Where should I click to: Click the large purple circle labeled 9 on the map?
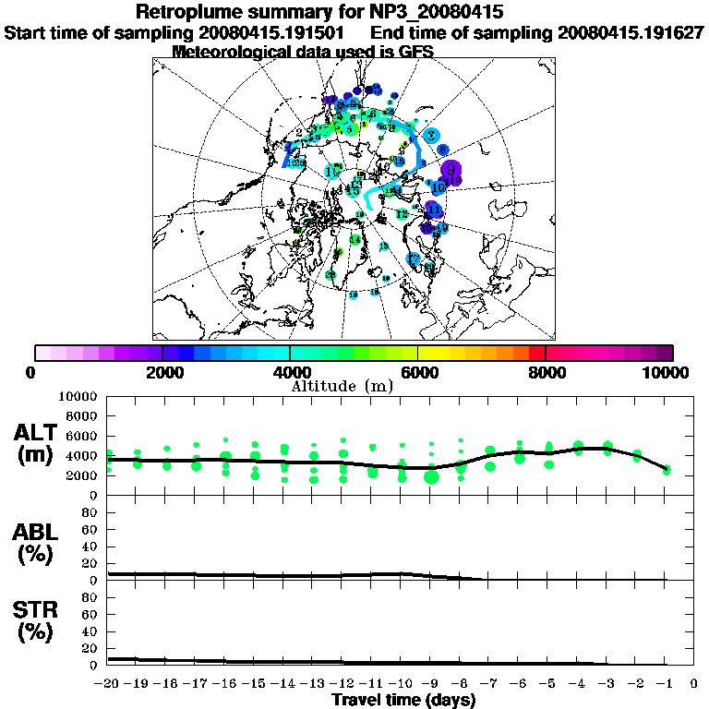coord(451,170)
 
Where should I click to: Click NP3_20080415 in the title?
coord(437,12)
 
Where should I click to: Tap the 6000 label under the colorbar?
coord(418,372)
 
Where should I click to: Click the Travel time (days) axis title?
coord(403,700)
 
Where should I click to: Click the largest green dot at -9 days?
coord(431,476)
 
